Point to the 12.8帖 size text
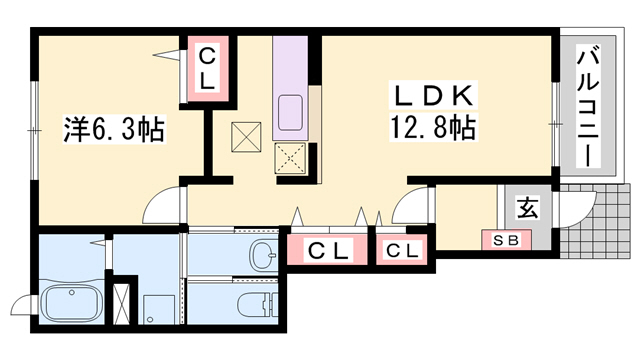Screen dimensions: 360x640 [x=433, y=129]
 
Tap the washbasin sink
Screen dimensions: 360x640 [x=262, y=256]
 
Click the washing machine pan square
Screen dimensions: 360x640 [x=157, y=305]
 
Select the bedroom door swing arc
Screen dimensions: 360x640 [x=160, y=207]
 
